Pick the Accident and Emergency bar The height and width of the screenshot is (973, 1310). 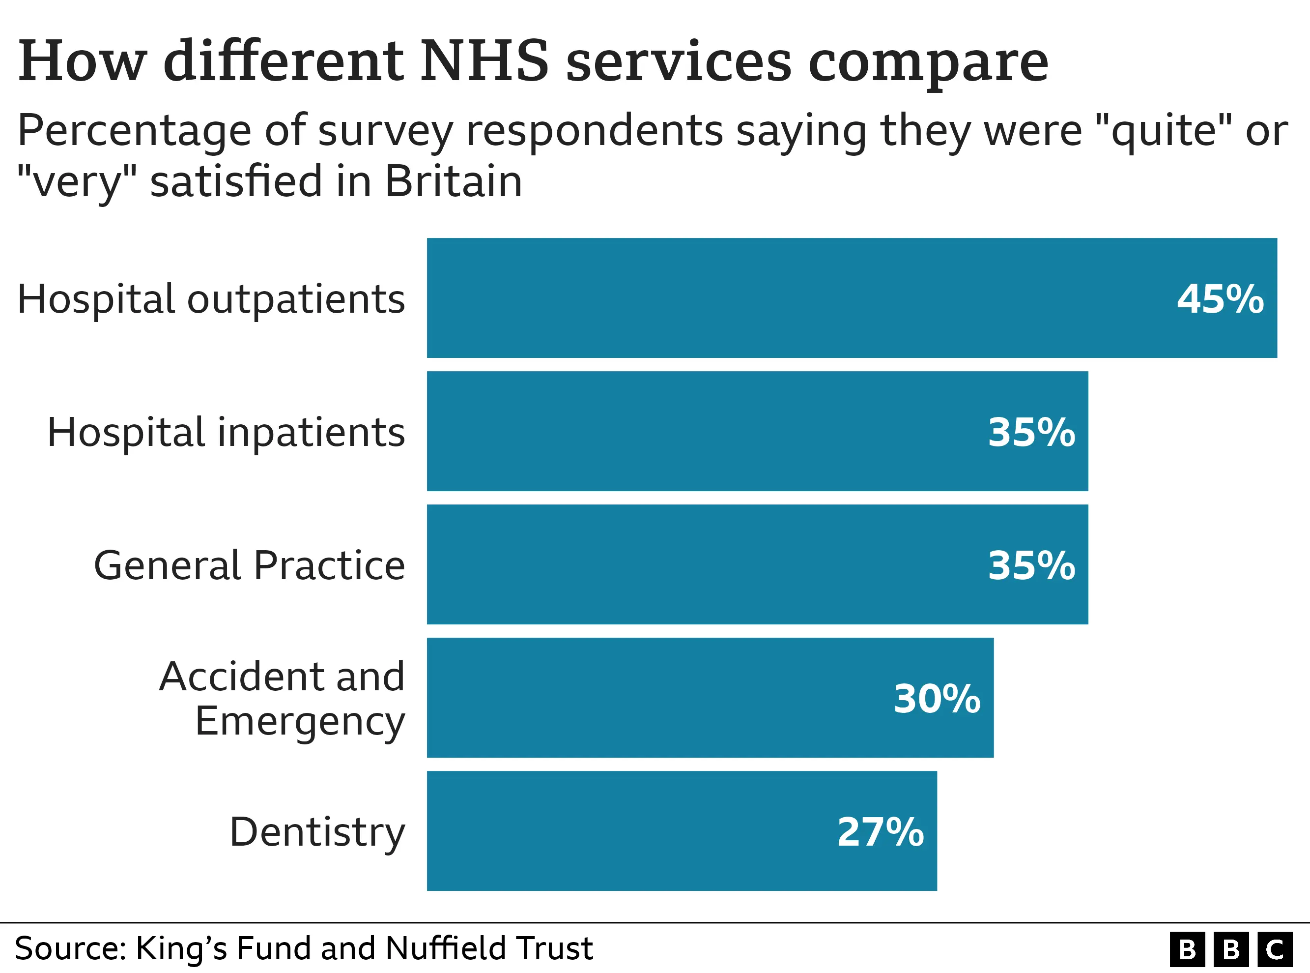(709, 697)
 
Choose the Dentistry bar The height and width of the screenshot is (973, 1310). (681, 830)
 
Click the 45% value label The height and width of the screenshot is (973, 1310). (1220, 299)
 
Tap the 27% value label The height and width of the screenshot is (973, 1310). (880, 832)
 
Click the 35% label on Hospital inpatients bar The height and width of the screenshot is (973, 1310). (1031, 433)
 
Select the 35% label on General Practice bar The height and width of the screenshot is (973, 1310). (1031, 566)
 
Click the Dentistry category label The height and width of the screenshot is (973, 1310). (317, 832)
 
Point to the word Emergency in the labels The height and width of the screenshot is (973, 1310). (300, 721)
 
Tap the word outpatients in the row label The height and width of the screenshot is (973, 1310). (296, 300)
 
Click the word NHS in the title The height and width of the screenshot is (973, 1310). (484, 61)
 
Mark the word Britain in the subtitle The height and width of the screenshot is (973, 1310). (453, 181)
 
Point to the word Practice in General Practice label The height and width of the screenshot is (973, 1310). (330, 565)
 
